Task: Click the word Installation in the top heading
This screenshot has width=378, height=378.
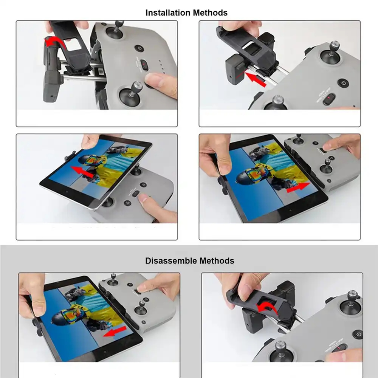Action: [168, 13]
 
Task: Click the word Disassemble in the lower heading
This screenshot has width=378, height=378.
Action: [171, 261]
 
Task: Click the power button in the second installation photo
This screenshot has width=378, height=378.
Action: [342, 83]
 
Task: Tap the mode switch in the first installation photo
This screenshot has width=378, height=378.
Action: [144, 65]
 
